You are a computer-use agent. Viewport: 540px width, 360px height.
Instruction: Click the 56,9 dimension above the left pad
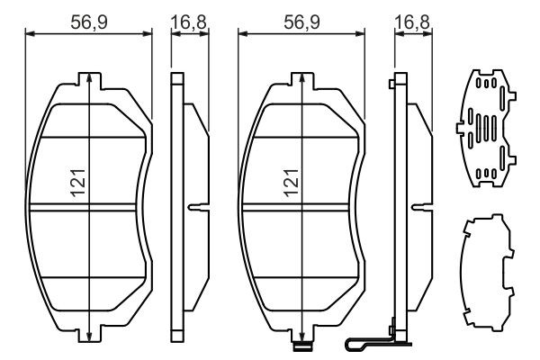pyautogui.click(x=89, y=22)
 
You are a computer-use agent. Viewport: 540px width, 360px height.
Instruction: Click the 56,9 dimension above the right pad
pyautogui.click(x=301, y=22)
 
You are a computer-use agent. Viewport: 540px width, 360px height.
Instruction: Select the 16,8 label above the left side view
pyautogui.click(x=189, y=22)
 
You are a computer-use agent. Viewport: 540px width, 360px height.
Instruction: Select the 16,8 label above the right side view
pyautogui.click(x=412, y=22)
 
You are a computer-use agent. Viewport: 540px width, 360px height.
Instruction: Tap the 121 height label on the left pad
pyautogui.click(x=78, y=183)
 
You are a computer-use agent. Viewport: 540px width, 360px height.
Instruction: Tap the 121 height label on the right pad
pyautogui.click(x=292, y=183)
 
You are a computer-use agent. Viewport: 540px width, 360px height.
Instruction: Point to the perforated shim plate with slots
pyautogui.click(x=486, y=128)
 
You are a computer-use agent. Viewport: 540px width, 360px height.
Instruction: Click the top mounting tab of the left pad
pyautogui.click(x=89, y=81)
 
